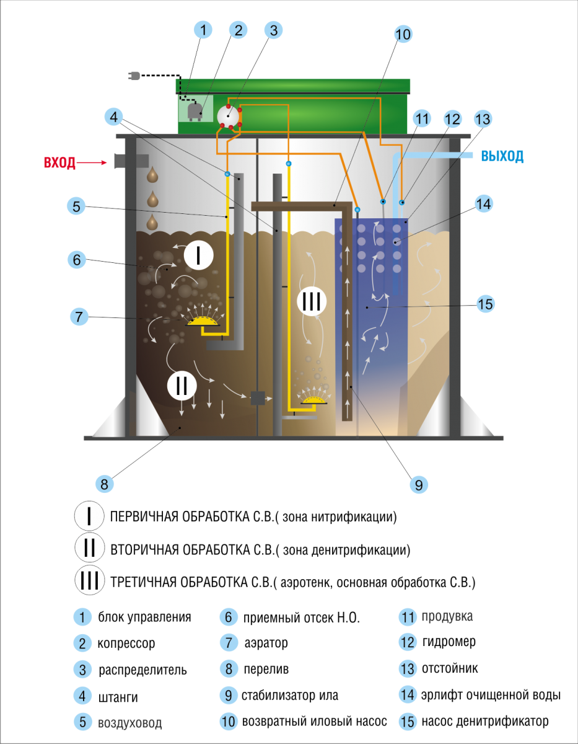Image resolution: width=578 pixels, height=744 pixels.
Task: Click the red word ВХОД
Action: [x=59, y=163]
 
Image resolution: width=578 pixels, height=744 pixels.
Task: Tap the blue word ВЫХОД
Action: [x=502, y=156]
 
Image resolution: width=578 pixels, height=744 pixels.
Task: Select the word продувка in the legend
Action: [x=447, y=617]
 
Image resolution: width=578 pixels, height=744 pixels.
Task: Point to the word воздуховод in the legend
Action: [x=130, y=723]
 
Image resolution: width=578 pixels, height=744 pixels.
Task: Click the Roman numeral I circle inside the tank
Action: [x=198, y=255]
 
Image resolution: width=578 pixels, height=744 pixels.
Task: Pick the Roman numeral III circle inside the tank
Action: [x=311, y=302]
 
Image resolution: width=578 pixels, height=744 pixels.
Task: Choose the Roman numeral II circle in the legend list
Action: [x=90, y=548]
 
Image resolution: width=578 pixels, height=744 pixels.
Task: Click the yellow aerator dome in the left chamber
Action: [x=204, y=319]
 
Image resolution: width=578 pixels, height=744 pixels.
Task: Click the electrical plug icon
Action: [x=134, y=76]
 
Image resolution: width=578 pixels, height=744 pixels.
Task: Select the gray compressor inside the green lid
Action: [x=195, y=110]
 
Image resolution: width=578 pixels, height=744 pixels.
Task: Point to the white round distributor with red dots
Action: [x=228, y=115]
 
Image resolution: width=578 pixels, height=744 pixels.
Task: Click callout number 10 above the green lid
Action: [x=403, y=34]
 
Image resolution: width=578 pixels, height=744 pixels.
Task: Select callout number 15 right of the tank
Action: [x=486, y=304]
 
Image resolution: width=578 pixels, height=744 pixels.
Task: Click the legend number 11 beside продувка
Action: [x=408, y=617]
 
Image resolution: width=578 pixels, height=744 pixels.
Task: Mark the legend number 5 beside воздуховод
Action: [x=82, y=722]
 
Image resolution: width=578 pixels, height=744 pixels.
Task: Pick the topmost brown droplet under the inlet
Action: [x=152, y=175]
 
